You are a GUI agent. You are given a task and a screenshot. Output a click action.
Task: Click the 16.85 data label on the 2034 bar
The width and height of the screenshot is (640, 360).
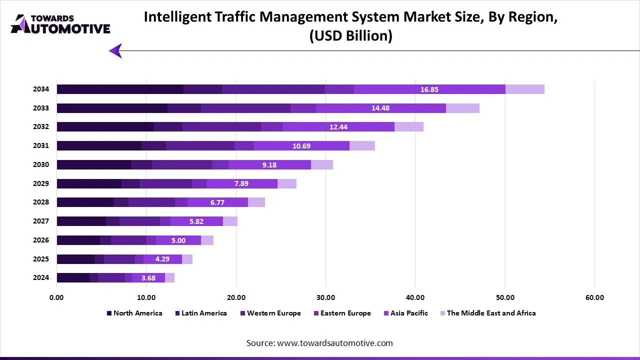click(x=429, y=89)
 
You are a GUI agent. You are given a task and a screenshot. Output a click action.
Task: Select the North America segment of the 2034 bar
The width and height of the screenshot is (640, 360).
click(x=120, y=89)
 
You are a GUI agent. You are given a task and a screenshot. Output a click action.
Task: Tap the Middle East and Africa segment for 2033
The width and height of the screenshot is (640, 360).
click(x=462, y=108)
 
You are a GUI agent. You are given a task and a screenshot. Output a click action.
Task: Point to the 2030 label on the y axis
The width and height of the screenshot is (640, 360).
click(x=41, y=164)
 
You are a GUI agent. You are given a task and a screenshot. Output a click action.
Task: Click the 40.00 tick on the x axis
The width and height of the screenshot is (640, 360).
click(x=415, y=297)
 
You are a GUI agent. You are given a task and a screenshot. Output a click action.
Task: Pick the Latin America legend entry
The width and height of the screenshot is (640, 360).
click(x=200, y=313)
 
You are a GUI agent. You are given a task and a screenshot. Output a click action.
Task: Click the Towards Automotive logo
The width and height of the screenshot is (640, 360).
click(x=60, y=24)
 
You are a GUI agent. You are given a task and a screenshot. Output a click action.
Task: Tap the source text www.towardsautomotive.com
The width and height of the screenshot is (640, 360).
click(x=319, y=343)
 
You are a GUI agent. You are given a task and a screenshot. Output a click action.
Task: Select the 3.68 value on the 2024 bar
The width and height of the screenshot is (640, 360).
click(x=148, y=278)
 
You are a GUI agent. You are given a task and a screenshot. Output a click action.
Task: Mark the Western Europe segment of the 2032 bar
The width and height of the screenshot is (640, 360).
click(x=221, y=127)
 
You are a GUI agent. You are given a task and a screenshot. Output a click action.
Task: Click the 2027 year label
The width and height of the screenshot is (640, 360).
click(x=41, y=221)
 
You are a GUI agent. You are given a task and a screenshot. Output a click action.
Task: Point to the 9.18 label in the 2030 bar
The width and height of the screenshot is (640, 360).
click(x=269, y=164)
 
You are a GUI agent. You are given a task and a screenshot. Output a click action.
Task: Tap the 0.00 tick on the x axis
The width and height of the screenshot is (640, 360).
click(x=56, y=297)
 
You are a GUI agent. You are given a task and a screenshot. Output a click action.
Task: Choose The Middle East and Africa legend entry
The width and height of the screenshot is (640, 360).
click(x=487, y=313)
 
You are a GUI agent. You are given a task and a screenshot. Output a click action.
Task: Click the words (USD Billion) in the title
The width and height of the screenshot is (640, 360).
click(x=350, y=36)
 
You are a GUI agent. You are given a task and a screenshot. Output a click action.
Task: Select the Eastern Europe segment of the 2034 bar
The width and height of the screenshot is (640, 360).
click(x=339, y=89)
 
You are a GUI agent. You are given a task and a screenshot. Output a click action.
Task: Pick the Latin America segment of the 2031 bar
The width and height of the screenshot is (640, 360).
click(x=153, y=146)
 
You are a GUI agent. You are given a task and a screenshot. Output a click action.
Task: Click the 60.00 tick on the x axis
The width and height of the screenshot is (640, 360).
click(x=594, y=297)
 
